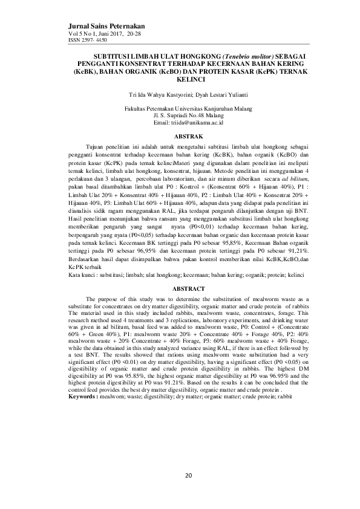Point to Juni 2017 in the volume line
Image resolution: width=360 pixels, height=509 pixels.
pyautogui.click(x=110, y=34)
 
